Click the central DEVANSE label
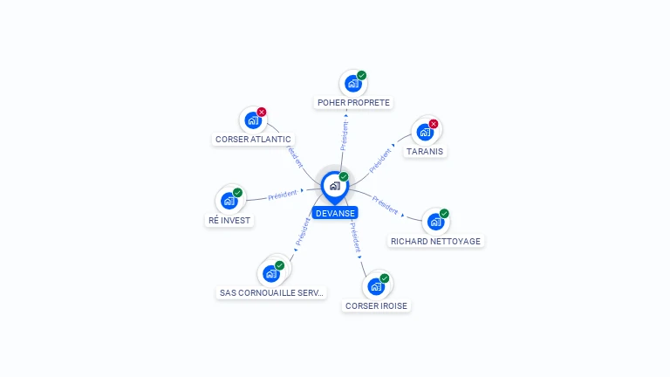coord(335,213)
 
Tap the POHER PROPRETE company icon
coord(352,84)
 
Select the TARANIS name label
coord(425,151)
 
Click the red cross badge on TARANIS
coord(434,124)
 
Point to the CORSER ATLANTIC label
coord(254,139)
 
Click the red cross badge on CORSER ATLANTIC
coord(262,112)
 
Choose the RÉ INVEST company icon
coord(229,201)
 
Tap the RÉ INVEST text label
coord(229,221)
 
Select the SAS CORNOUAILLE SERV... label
coord(271,293)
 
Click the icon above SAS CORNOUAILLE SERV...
coord(271,273)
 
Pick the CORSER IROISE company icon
coord(376,286)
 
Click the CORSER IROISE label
coord(376,306)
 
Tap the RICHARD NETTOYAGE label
coord(435,241)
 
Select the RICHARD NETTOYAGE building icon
coord(435,222)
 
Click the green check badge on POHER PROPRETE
coord(361,75)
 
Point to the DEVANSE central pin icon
coord(334,185)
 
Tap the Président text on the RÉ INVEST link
coord(283,194)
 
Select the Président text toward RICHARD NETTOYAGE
coord(385,205)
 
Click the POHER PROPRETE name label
coord(353,103)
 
